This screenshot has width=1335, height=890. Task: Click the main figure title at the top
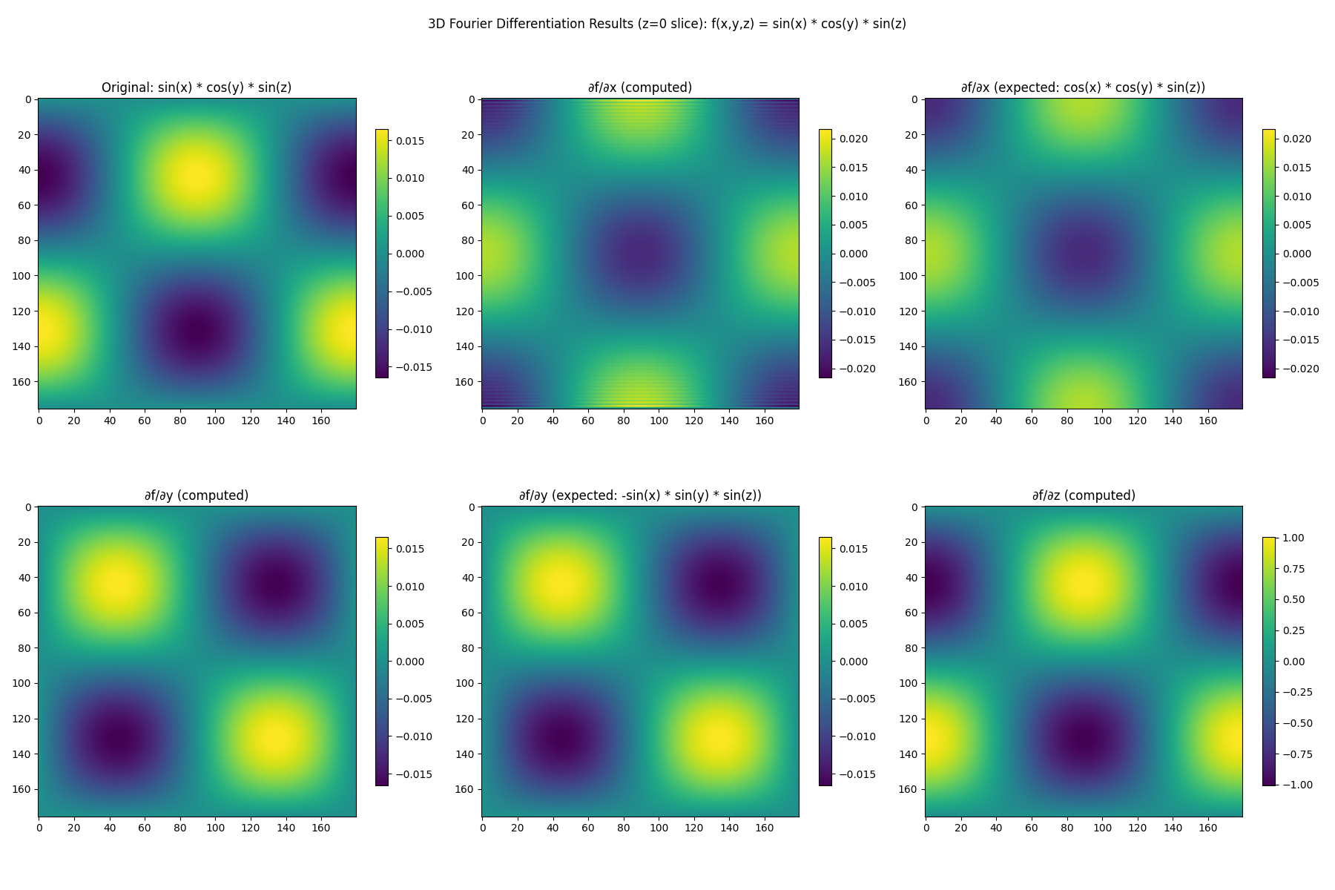click(667, 24)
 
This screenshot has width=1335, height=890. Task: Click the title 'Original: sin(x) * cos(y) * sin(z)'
click(197, 88)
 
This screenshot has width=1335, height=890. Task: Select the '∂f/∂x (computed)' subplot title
click(640, 88)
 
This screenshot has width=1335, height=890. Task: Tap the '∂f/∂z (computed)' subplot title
click(1084, 495)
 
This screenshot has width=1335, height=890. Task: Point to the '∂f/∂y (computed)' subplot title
click(197, 495)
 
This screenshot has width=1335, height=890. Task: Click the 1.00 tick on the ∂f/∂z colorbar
click(1294, 538)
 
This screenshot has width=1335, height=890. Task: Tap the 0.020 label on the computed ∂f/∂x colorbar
click(854, 139)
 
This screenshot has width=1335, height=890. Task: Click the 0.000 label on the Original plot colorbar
click(410, 254)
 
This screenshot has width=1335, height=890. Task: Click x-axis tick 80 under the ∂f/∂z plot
click(1067, 828)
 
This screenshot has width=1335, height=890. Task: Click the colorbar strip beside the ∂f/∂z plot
click(1269, 661)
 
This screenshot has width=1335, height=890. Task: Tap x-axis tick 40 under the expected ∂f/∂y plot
click(553, 828)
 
